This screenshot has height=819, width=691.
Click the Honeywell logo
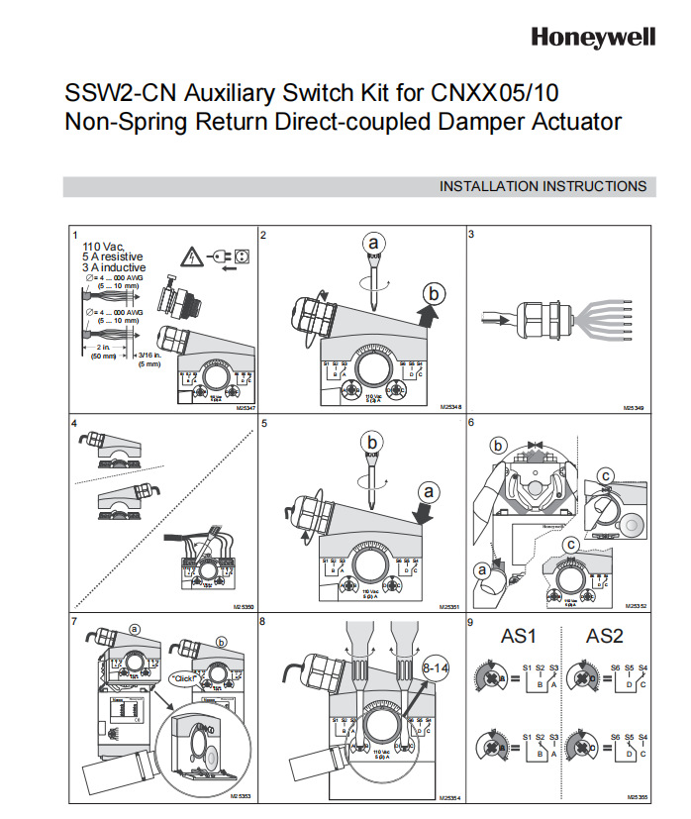point(593,37)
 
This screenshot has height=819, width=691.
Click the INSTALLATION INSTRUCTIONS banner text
point(543,186)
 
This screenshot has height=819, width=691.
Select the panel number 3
point(471,235)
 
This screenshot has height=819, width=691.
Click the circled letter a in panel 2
point(372,243)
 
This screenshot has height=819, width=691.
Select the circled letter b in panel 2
point(433,292)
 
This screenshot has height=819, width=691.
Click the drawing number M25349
point(635,406)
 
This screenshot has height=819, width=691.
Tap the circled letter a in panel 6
point(484,569)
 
